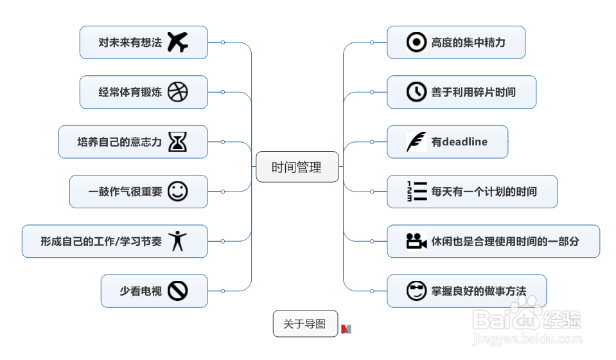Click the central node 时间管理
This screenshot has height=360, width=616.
pyautogui.click(x=297, y=167)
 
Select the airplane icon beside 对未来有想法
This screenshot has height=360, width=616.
pyautogui.click(x=178, y=42)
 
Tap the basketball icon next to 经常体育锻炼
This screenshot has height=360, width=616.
pyautogui.click(x=178, y=92)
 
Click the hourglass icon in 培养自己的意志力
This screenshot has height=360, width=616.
pyautogui.click(x=178, y=141)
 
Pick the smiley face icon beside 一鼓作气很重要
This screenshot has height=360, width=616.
pyautogui.click(x=178, y=192)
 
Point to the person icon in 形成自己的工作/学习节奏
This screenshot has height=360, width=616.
pyautogui.click(x=178, y=241)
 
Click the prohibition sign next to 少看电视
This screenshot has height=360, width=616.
pyautogui.click(x=178, y=291)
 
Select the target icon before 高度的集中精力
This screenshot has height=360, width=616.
pyautogui.click(x=417, y=42)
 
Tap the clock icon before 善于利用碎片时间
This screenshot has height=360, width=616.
pyautogui.click(x=417, y=92)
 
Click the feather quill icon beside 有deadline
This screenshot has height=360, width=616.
pyautogui.click(x=417, y=141)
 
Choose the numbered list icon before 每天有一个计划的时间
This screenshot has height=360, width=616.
pyautogui.click(x=417, y=192)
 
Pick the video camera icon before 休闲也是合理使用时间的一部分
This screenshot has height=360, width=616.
pyautogui.click(x=417, y=241)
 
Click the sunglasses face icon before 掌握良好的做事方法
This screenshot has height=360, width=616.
pyautogui.click(x=417, y=291)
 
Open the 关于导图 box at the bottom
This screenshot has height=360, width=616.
pyautogui.click(x=305, y=324)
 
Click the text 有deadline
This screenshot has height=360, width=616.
pyautogui.click(x=459, y=142)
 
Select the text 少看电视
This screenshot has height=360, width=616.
pyautogui.click(x=141, y=291)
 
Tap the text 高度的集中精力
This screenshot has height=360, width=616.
pyautogui.click(x=468, y=42)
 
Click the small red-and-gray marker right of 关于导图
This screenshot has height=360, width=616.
pyautogui.click(x=346, y=329)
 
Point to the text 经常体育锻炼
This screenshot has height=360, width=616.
pyautogui.click(x=130, y=93)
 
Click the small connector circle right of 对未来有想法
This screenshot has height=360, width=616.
pyautogui.click(x=223, y=42)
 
